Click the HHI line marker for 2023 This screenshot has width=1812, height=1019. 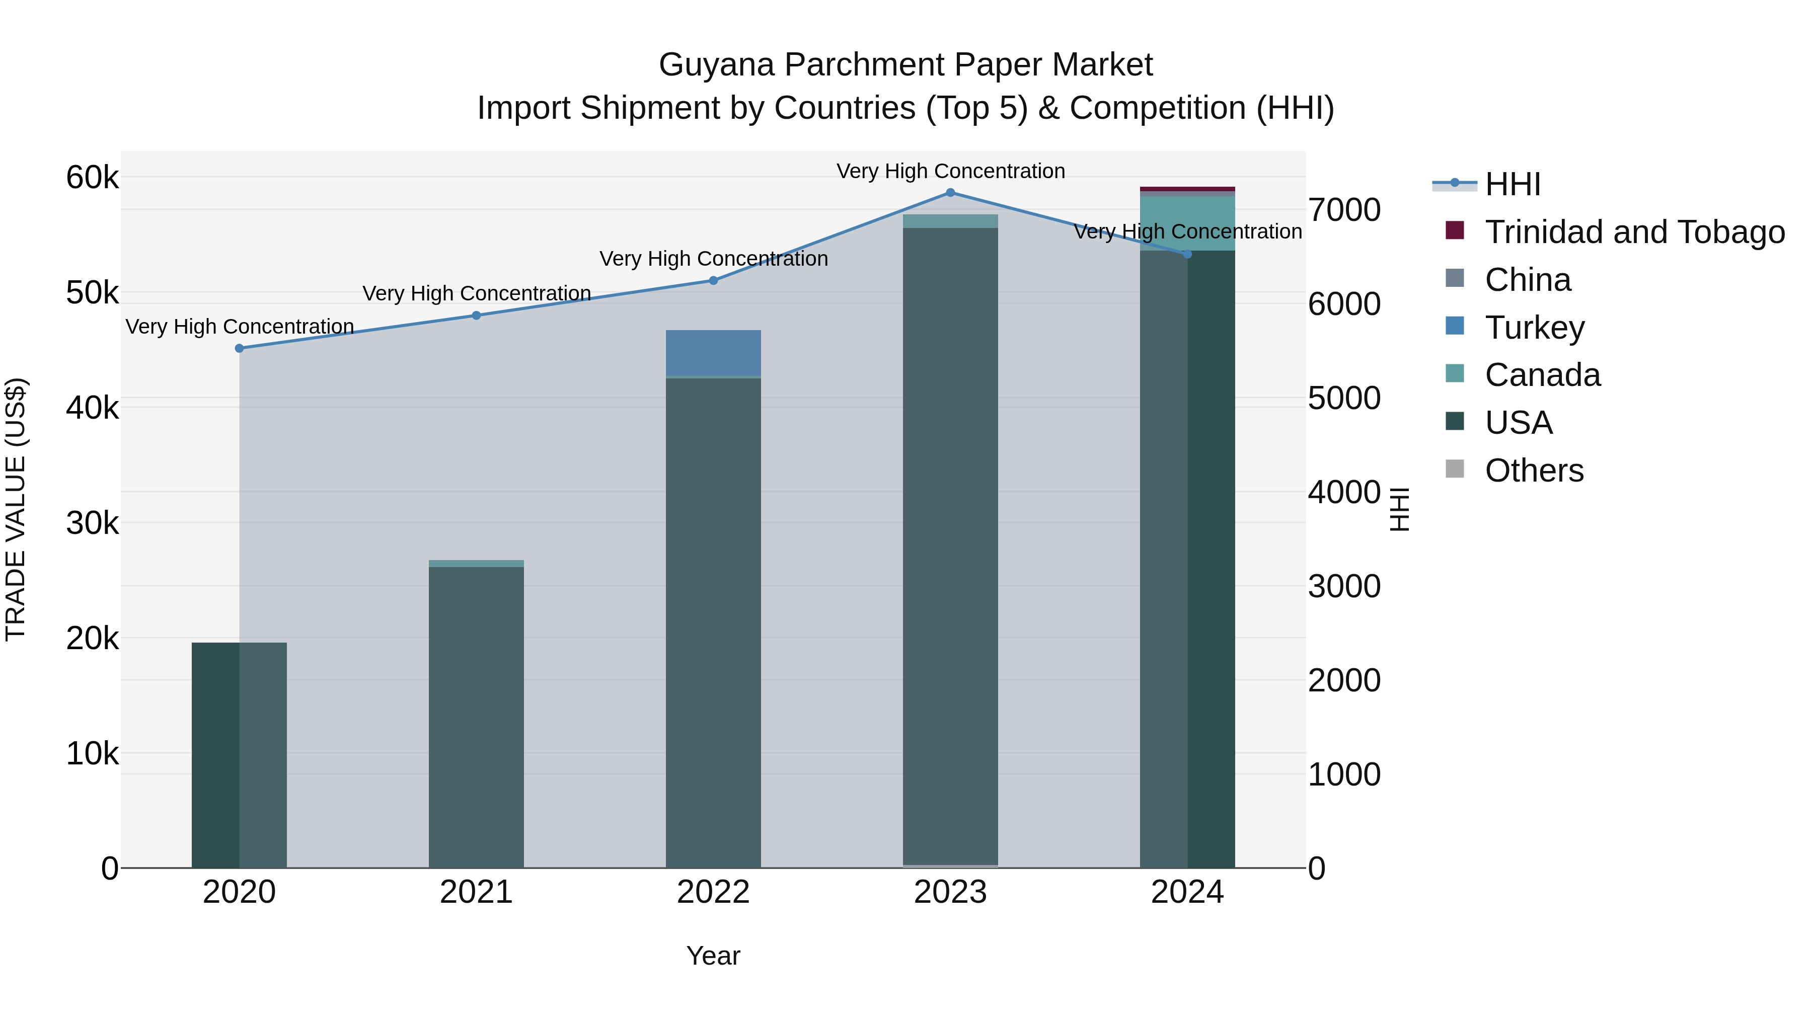(950, 193)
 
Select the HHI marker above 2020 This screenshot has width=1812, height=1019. (239, 348)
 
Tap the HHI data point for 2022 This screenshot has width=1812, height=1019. (713, 281)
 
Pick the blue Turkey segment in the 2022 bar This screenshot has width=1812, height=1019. (713, 353)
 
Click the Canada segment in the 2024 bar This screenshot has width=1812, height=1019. (1187, 222)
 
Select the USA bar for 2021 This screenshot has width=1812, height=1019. (476, 717)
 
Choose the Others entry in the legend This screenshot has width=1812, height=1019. (1534, 471)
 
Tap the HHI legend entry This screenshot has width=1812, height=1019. (1513, 184)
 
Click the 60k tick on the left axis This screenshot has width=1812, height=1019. (92, 177)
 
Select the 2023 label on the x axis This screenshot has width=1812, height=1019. (950, 892)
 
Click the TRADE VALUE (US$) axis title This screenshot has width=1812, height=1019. (16, 509)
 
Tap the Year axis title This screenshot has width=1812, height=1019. (713, 956)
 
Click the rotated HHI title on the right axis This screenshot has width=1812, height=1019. (1400, 509)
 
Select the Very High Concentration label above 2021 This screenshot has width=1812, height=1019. (476, 293)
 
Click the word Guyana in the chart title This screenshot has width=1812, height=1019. (716, 65)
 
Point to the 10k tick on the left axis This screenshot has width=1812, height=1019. (92, 753)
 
